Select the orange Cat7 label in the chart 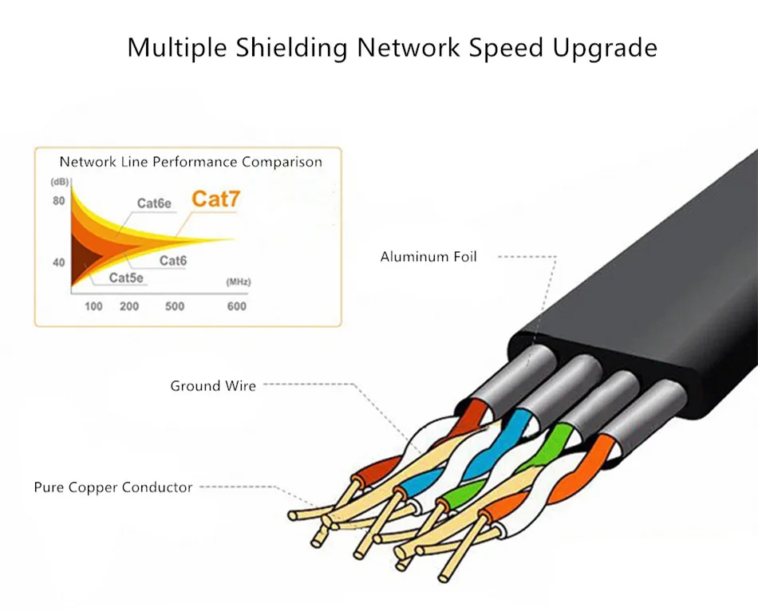coord(215,199)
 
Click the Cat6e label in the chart coord(154,203)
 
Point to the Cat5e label coord(126,278)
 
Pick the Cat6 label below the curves coord(172,261)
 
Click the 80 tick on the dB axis coord(58,201)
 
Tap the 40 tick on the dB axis coord(58,262)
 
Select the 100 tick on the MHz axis coord(93,306)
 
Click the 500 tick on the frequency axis coord(175,306)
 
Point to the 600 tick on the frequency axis coord(236,306)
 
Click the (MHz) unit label coord(239,282)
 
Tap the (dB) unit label coord(60,182)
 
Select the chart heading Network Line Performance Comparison coord(191,162)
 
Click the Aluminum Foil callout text coord(428,257)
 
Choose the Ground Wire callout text coord(213,386)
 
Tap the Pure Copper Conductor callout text coord(113,487)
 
